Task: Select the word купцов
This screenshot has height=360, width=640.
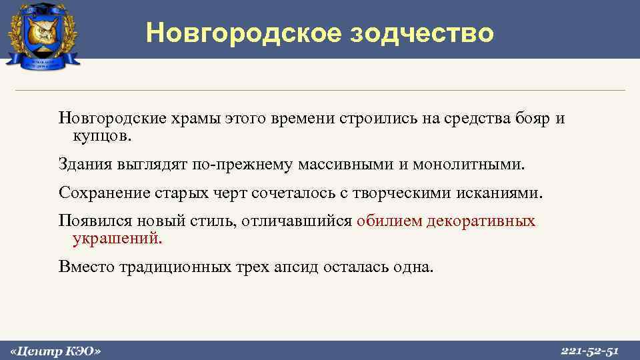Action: (103, 137)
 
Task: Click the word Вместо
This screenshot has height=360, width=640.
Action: (85, 267)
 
